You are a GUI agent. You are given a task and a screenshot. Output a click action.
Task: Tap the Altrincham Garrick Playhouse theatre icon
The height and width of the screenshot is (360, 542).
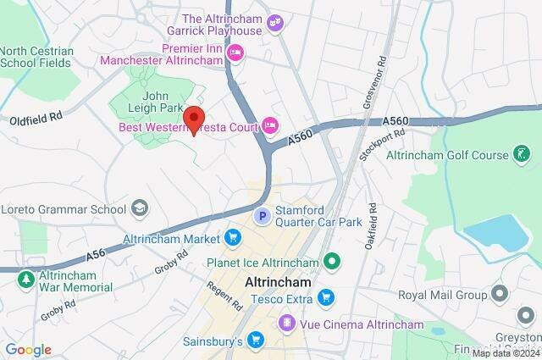tap(274, 23)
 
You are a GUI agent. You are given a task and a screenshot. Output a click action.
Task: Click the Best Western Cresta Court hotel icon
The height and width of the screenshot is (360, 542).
tap(270, 126)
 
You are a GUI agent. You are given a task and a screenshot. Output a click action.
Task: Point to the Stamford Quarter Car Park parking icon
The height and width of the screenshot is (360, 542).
tap(263, 217)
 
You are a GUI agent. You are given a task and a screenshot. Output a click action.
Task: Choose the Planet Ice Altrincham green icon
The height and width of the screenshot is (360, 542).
tap(333, 263)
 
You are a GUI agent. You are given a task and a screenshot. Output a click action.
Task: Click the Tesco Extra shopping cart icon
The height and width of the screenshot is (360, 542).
tap(324, 296)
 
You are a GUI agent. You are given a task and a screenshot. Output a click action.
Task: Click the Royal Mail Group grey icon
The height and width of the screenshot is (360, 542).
tap(500, 295)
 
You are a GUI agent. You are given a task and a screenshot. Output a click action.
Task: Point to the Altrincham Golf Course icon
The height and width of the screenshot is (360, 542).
tap(523, 154)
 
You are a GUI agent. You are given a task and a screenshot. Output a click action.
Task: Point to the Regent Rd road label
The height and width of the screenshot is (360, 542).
tap(223, 294)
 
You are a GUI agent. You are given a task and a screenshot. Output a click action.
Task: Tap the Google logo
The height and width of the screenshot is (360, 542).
tap(28, 350)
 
